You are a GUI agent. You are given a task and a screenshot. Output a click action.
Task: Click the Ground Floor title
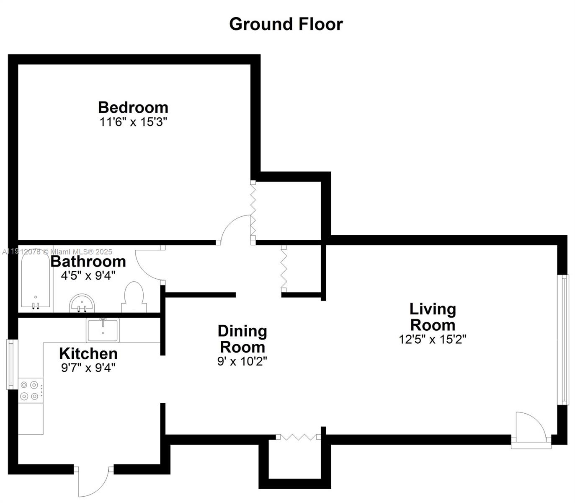click(x=286, y=24)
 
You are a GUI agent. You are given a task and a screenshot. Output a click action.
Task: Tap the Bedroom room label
click(x=133, y=107)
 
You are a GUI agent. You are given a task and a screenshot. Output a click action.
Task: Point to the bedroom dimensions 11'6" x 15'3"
click(x=133, y=122)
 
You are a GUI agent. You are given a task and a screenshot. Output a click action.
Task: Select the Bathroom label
click(x=88, y=261)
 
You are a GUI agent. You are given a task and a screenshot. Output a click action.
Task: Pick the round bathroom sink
click(x=82, y=303)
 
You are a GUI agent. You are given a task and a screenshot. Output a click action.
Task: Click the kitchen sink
click(x=103, y=330)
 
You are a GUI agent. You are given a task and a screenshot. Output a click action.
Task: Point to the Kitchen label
click(x=88, y=353)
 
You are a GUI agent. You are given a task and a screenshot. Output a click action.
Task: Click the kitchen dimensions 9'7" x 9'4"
click(x=88, y=368)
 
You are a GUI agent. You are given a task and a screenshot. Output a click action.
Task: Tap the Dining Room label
click(x=242, y=339)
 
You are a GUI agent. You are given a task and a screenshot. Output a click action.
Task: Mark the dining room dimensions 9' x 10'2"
click(x=242, y=361)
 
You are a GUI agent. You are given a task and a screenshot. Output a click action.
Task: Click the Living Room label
click(x=433, y=317)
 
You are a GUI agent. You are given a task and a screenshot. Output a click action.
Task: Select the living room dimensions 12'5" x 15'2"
click(x=433, y=339)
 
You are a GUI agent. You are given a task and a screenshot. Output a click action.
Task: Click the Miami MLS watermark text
click(x=57, y=252)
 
